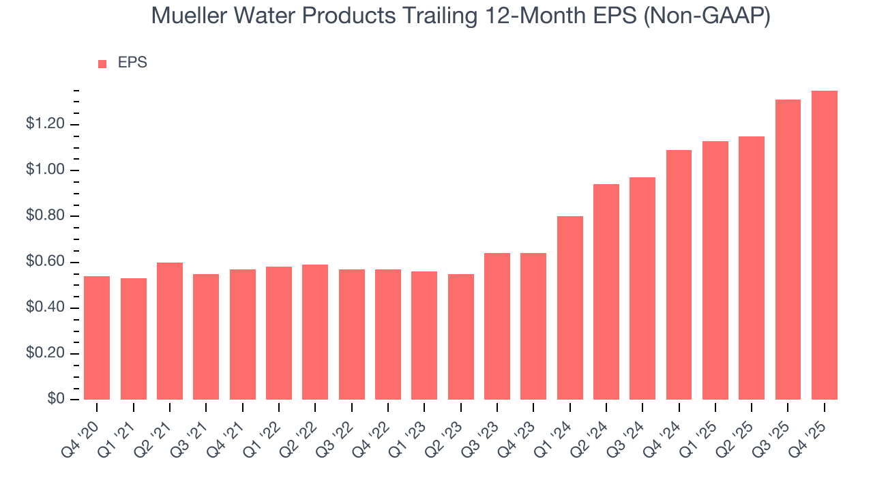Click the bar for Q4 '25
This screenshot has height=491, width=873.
[824, 245]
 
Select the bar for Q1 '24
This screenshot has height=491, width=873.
[569, 308]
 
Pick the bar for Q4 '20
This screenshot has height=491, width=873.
[97, 338]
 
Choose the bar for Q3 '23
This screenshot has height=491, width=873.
[497, 327]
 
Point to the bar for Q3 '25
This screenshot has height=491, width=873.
[788, 250]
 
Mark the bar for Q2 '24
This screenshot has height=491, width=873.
[606, 292]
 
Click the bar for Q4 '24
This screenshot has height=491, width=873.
[679, 275]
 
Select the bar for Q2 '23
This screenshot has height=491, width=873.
[460, 337]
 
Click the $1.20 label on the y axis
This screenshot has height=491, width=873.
[45, 124]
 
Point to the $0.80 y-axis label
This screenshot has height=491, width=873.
[45, 216]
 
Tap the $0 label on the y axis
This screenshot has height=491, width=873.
[55, 400]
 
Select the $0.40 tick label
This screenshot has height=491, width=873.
[45, 308]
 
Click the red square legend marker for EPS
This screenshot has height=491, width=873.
[102, 63]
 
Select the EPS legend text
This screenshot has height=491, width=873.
[132, 63]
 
